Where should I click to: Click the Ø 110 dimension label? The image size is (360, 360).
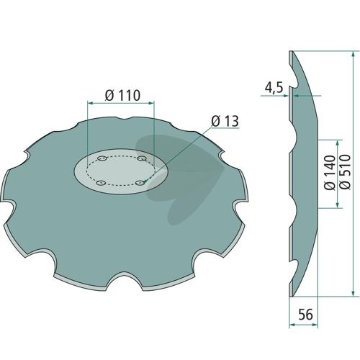click(x=122, y=95)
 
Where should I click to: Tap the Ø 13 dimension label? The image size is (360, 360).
click(x=225, y=121)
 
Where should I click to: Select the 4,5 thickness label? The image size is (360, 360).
click(x=274, y=88)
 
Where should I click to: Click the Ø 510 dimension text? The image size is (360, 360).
click(x=345, y=172)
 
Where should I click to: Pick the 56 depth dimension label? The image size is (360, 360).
click(x=306, y=315)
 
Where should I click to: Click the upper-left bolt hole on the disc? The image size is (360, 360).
click(x=102, y=158)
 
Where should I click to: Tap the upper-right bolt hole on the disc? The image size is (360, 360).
click(x=142, y=158)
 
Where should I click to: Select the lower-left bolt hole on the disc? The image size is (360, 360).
click(x=101, y=183)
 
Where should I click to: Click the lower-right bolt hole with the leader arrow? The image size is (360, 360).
click(x=140, y=183)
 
